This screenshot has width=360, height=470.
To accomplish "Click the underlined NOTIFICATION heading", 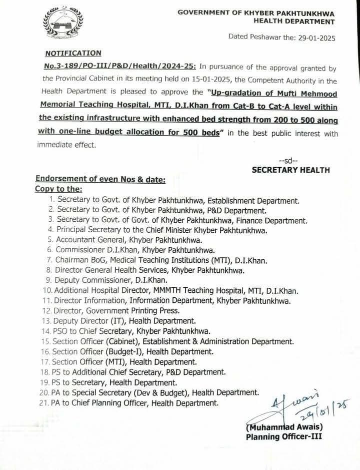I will tap(73, 53).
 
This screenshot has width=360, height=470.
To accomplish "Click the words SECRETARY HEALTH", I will tap(291, 170).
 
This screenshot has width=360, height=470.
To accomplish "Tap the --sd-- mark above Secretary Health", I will tap(289, 160).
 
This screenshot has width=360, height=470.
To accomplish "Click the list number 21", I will tap(47, 402).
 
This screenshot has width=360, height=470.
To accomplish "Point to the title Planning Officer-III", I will tap(284, 436).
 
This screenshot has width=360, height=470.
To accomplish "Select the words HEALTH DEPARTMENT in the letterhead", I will tap(294, 22).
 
